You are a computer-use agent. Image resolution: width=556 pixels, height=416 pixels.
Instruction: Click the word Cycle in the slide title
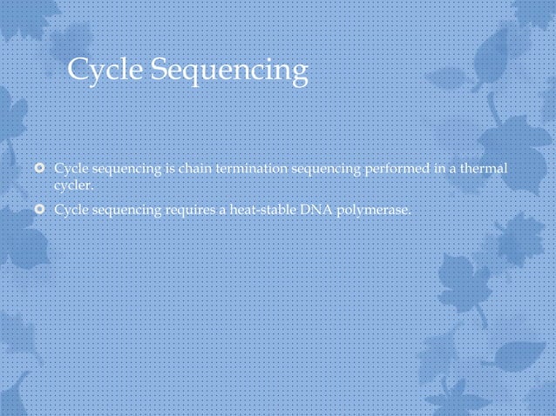105,70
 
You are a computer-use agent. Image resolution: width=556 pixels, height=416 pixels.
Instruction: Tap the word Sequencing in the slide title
228,71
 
